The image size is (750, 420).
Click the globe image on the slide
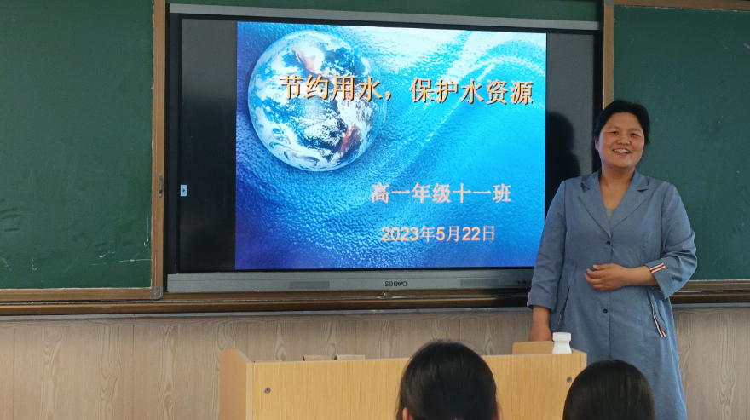317,101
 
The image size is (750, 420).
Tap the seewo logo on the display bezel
396,284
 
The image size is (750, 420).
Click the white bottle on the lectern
562,343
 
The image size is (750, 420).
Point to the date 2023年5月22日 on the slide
438,234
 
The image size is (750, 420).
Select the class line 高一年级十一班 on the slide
441,193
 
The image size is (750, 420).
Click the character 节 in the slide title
291,87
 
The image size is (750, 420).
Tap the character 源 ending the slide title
522,91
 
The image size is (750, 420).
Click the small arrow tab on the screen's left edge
183,190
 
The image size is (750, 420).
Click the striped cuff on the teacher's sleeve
658,268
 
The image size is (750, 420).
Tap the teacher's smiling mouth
621,152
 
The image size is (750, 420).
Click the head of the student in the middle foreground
447,382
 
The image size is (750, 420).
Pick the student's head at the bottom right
609,391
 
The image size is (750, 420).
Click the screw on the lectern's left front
268,390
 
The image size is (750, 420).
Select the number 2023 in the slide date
401,234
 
